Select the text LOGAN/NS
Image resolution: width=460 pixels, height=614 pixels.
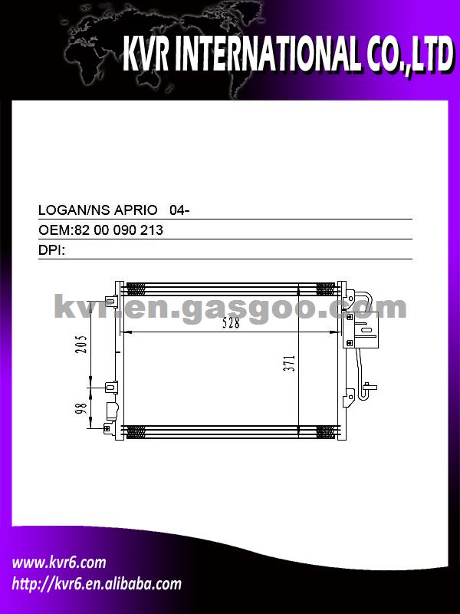74,210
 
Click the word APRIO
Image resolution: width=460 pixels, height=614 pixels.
136,210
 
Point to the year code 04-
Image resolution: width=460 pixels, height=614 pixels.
179,210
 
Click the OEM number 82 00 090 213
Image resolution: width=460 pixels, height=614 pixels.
118,229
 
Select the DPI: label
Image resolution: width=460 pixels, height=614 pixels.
51,250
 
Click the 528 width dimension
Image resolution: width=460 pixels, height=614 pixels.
231,323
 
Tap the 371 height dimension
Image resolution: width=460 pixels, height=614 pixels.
289,363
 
